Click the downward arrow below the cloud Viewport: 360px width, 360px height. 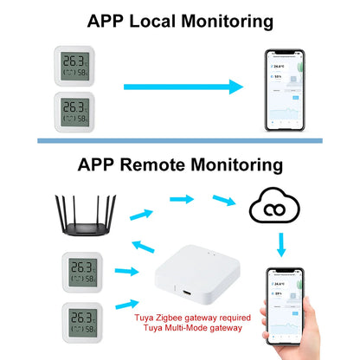pyautogui.click(x=280, y=245)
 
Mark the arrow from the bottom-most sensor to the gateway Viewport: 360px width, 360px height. pyautogui.click(x=124, y=305)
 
